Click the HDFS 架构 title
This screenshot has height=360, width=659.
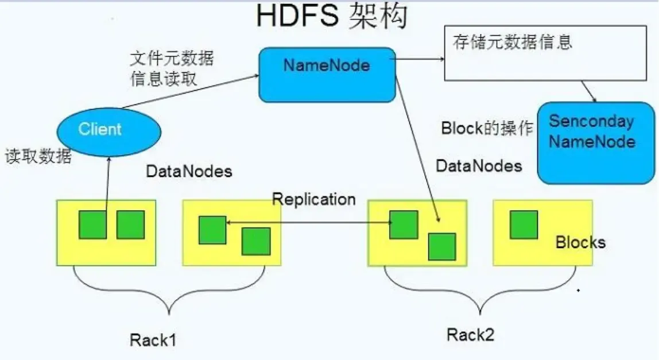point(331,17)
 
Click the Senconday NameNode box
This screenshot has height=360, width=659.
point(596,143)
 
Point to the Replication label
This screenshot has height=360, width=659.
point(313,199)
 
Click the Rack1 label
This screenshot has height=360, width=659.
point(153,340)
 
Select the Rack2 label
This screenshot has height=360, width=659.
point(470,334)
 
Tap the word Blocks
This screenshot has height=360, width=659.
point(580,242)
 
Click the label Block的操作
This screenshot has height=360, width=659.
point(487,128)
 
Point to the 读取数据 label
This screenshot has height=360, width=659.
point(38,157)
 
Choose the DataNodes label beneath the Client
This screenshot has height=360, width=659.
point(189,171)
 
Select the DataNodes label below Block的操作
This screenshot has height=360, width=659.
point(479,166)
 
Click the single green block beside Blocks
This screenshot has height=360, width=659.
point(524,224)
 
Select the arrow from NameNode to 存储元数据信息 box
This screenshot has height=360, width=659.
point(420,59)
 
